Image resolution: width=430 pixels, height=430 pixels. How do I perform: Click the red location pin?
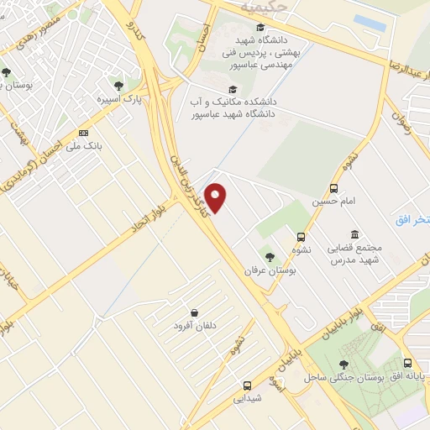coord(217,198)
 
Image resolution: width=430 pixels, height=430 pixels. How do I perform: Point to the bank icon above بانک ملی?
coord(83,133)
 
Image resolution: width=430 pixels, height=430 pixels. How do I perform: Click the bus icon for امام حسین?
coord(334,189)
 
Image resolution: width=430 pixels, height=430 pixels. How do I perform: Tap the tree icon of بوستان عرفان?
coord(269,257)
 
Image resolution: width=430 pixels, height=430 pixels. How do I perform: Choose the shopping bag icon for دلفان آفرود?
coord(194,312)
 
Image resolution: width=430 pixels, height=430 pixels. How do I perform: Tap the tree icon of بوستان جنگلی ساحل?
coord(343,364)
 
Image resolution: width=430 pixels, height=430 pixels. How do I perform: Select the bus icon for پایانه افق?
coord(407,364)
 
